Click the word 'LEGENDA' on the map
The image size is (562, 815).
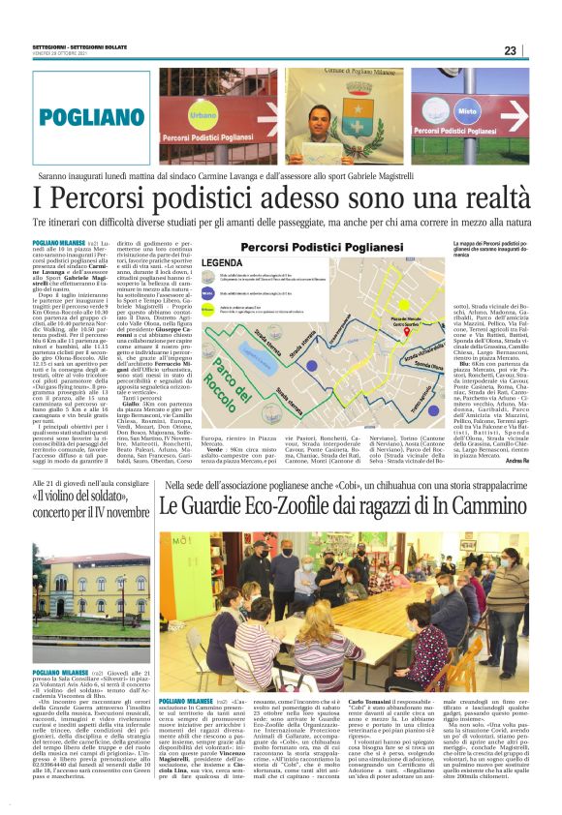(x=222, y=262)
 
